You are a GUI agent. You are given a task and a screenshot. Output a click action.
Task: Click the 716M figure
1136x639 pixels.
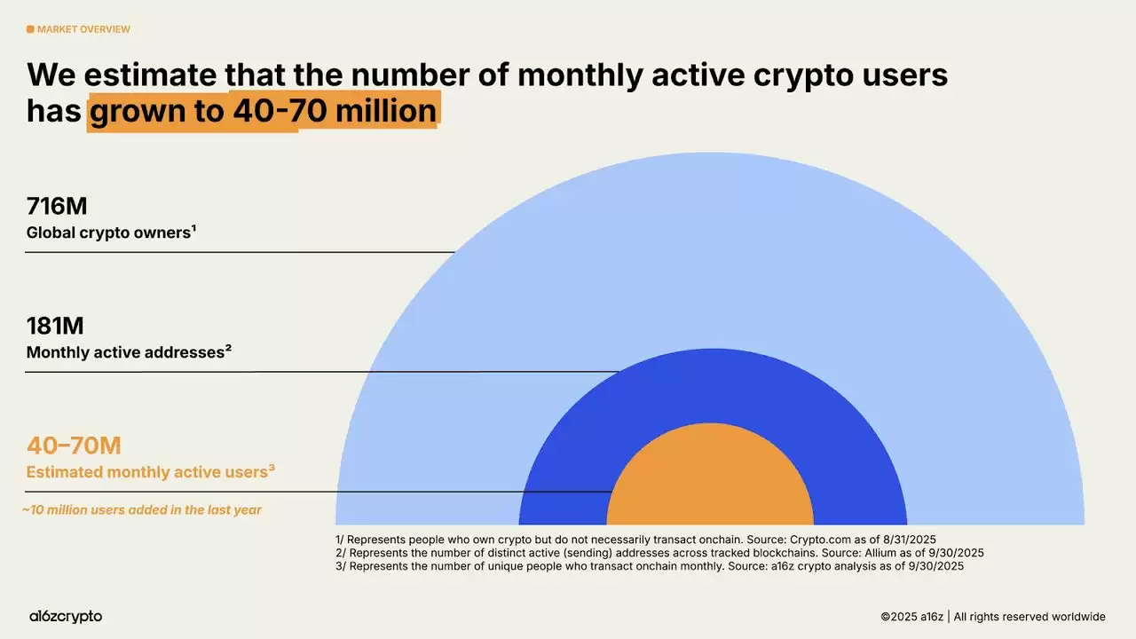pos(57,207)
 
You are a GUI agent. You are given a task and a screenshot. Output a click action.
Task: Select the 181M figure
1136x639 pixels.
pos(55,326)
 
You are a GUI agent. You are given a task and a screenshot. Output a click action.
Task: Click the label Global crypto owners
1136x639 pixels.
pos(110,233)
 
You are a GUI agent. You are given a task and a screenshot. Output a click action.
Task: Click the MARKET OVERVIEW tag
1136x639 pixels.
pos(83,29)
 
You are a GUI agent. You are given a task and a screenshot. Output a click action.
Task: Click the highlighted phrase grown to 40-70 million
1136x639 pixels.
pos(263,112)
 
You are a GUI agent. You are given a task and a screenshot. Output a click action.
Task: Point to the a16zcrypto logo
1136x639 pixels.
pos(65,616)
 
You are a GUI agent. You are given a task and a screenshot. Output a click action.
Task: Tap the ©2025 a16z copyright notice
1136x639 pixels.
pos(992,616)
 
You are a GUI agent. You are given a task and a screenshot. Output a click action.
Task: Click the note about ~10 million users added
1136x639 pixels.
pos(142,510)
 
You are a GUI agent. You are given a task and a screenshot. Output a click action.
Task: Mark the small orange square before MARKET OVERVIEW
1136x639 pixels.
pos(30,29)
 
